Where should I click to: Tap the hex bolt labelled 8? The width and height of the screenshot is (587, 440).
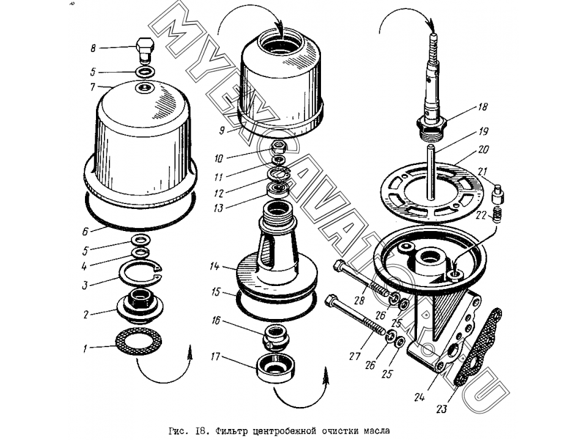point(144,50)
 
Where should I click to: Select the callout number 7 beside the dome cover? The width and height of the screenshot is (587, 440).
point(93,87)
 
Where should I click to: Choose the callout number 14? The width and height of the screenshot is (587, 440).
point(215,266)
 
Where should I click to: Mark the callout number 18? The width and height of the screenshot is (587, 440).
point(483,106)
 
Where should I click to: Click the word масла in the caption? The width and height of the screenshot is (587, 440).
point(372,430)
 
